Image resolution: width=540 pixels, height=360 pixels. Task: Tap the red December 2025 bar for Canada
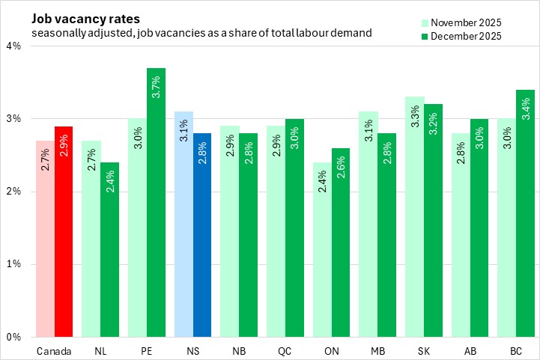click(63, 232)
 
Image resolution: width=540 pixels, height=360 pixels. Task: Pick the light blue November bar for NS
click(183, 225)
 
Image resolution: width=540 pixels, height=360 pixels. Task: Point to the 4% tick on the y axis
click(14, 46)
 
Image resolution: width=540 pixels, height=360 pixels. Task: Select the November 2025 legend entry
click(464, 22)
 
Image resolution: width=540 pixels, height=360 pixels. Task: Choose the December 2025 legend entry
click(464, 35)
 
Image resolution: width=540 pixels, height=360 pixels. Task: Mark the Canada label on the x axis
click(53, 350)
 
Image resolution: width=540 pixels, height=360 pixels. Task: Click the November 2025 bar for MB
click(369, 225)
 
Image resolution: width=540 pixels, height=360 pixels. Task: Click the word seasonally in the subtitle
click(57, 33)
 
